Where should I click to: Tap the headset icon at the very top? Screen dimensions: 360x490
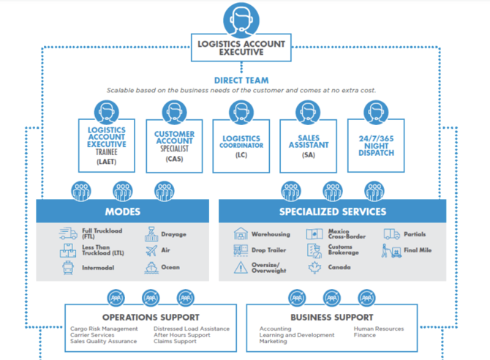242,17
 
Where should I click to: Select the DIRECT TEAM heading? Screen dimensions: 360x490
241,80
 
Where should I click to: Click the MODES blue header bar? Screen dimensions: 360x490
123,211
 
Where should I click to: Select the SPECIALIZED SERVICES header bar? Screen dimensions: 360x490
332,211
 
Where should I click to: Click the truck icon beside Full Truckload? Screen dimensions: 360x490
68,234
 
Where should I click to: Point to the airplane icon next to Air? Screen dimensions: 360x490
151,251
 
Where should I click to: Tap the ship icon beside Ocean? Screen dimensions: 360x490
151,268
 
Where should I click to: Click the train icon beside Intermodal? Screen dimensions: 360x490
68,268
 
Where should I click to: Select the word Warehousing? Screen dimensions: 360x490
271,235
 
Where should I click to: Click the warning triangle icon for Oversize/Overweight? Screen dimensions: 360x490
241,268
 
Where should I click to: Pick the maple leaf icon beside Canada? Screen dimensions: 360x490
315,268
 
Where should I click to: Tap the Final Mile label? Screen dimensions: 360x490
417,251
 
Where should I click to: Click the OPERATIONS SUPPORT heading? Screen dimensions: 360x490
151,318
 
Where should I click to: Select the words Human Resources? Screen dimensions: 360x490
379,329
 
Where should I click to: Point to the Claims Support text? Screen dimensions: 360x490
175,342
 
